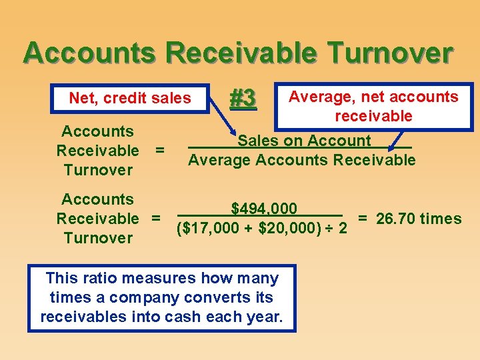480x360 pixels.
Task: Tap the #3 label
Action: coord(243,99)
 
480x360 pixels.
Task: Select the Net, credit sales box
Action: coord(130,99)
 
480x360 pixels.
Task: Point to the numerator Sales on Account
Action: coord(304,141)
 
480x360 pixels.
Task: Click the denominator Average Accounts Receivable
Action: coord(301,160)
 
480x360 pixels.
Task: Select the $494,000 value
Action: coord(264,209)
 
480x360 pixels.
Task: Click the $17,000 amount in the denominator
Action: coord(214,229)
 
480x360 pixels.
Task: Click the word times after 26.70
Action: coord(441,219)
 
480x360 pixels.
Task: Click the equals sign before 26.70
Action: coord(364,219)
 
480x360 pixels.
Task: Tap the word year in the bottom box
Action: coord(263,317)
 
